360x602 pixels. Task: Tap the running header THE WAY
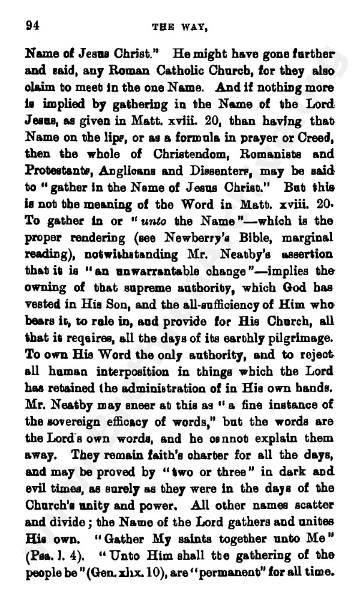[x=182, y=26]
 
